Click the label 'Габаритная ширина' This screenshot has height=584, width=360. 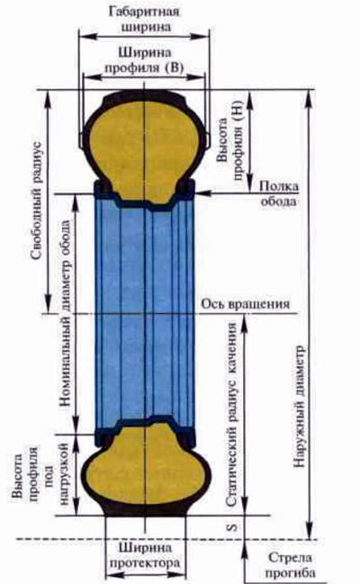pyautogui.click(x=144, y=19)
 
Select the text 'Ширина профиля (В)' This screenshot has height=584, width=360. pyautogui.click(x=144, y=60)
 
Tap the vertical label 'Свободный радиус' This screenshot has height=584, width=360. pyautogui.click(x=37, y=201)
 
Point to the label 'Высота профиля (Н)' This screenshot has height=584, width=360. pyautogui.click(x=230, y=140)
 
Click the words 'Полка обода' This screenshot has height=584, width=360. pyautogui.click(x=279, y=193)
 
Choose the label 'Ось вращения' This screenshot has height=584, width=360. pyautogui.click(x=245, y=303)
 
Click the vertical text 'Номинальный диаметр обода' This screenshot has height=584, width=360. pyautogui.click(x=65, y=313)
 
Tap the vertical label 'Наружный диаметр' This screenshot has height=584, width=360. pyautogui.click(x=299, y=407)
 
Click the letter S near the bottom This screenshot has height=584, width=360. pyautogui.click(x=232, y=527)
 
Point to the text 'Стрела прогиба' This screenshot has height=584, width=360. pyautogui.click(x=291, y=564)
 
